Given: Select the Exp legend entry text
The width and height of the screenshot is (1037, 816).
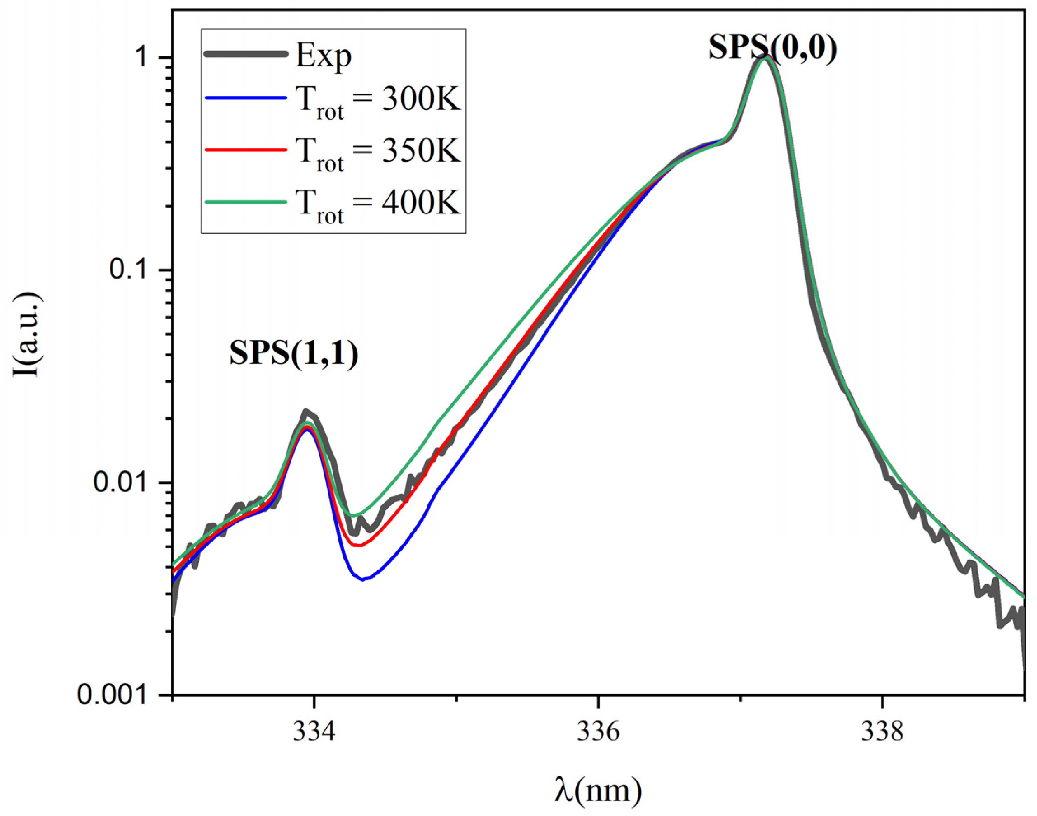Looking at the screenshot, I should point(324,56).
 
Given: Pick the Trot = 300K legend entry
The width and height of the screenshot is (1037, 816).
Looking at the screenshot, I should point(378,101).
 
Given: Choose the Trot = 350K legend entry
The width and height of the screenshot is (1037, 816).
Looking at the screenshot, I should point(378,152).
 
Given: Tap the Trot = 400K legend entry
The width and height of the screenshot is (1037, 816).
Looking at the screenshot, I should point(378,204).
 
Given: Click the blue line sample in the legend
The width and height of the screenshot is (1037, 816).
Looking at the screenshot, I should point(246,98).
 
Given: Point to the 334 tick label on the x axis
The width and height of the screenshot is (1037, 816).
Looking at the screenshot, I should point(314,732).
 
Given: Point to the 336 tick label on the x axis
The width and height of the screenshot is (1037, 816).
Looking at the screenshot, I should point(598,732).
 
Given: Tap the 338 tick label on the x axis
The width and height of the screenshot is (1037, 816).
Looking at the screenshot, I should point(882,732).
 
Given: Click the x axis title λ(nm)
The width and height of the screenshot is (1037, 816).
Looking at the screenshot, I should point(598,789).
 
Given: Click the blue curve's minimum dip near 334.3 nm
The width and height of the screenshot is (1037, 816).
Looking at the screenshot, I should point(364,579).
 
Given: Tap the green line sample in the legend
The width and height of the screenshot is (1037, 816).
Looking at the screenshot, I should point(246,202).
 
